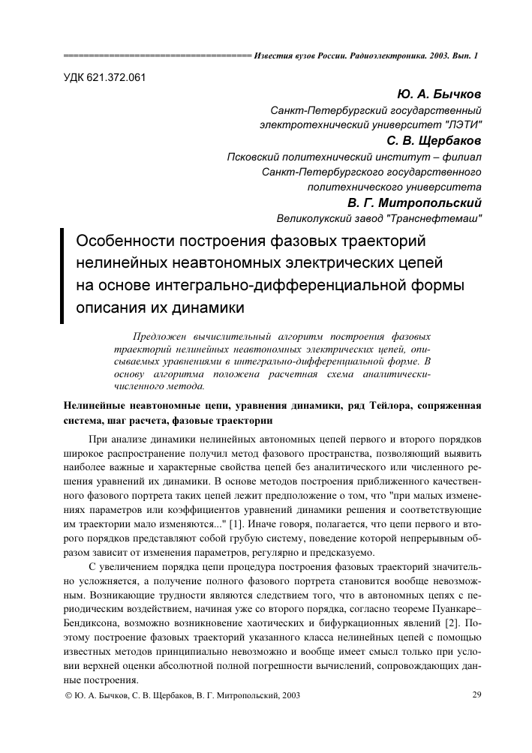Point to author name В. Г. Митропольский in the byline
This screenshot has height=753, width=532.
[414, 202]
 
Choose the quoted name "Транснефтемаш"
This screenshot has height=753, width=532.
[441, 218]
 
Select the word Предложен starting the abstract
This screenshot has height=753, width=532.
[158, 337]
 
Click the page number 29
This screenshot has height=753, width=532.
[476, 694]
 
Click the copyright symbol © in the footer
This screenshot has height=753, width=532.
[70, 696]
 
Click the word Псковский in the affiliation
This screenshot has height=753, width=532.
[257, 157]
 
